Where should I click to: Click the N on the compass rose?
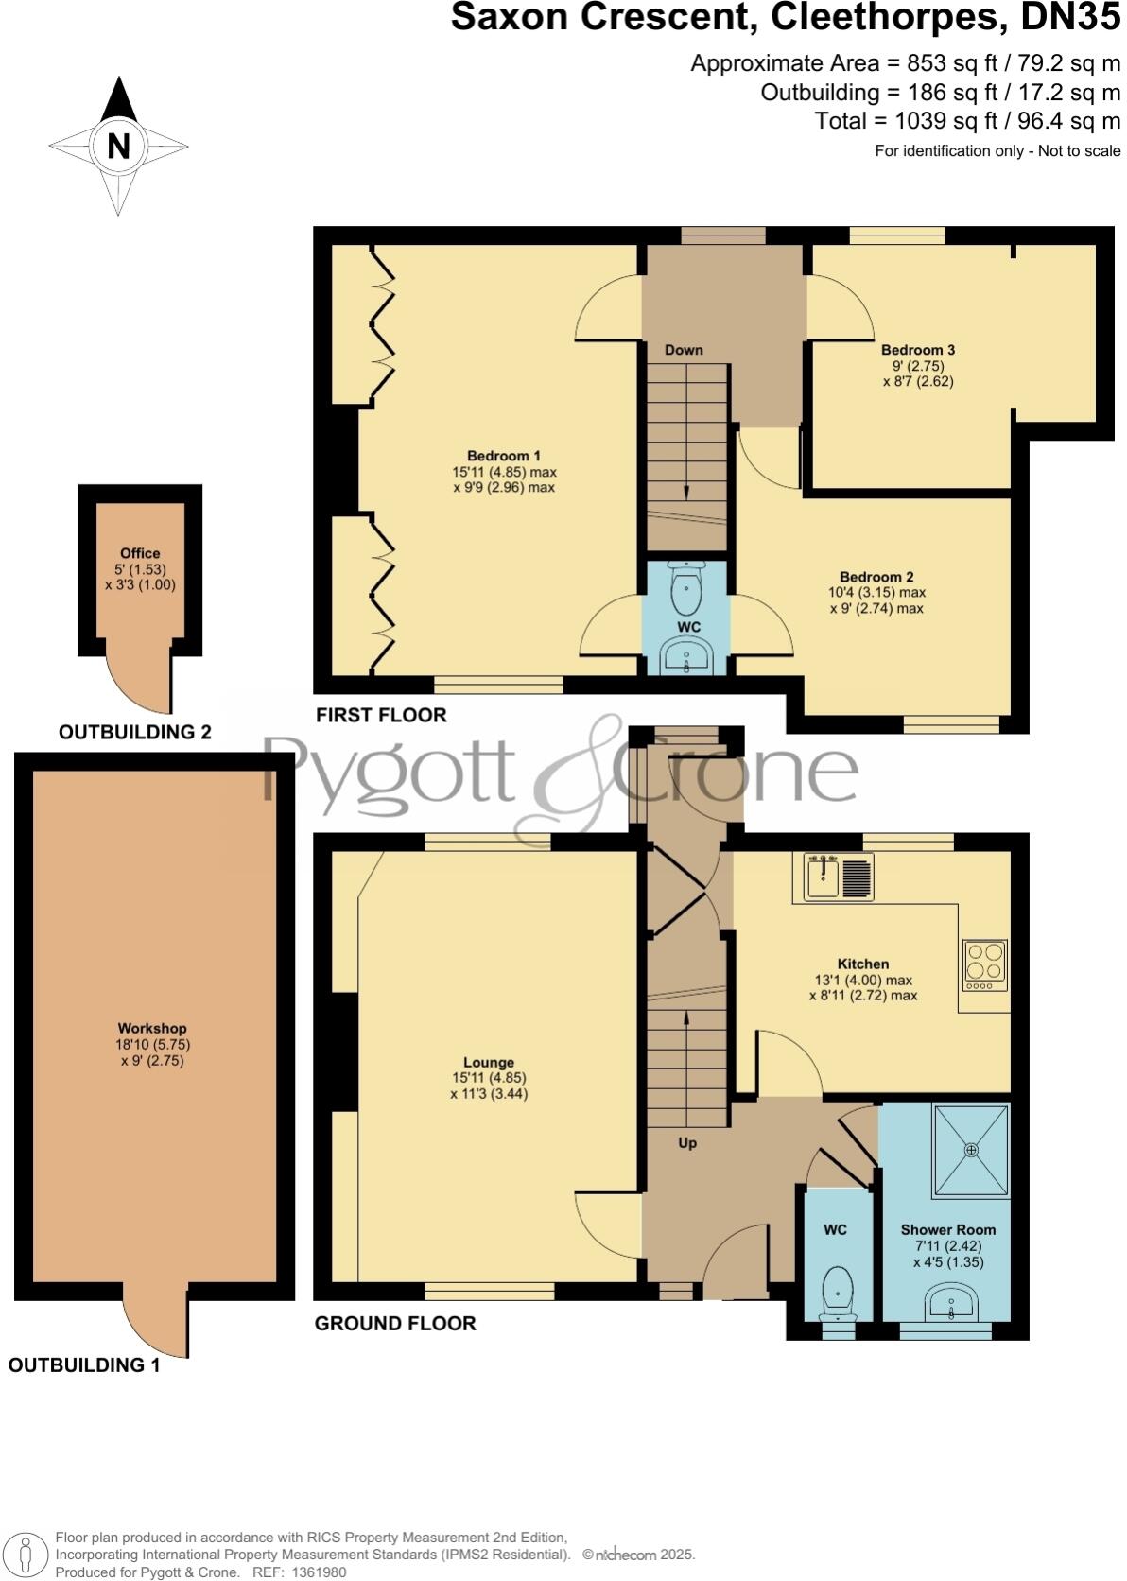tap(118, 147)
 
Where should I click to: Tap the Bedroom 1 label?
tap(504, 455)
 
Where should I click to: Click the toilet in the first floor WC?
tap(685, 588)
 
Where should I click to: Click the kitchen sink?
tap(824, 877)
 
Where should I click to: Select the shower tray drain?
tap(971, 1150)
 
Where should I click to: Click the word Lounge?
tap(489, 1062)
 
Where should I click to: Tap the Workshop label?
tap(152, 1028)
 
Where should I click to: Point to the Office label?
tap(140, 553)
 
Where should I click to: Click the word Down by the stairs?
tap(684, 350)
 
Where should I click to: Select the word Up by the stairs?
tap(687, 1142)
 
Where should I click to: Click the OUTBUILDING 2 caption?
tap(135, 732)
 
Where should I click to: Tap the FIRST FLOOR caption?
tap(381, 715)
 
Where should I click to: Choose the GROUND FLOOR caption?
tap(395, 1323)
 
